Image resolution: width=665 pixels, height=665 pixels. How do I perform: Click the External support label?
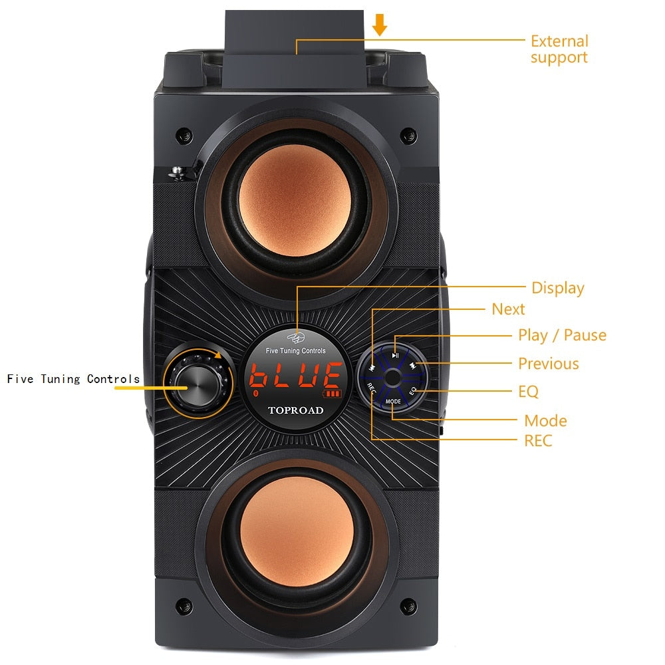coord(559,49)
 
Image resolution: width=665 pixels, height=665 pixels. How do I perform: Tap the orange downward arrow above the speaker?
coord(380,25)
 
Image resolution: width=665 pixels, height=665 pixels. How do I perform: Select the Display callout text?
coord(558,288)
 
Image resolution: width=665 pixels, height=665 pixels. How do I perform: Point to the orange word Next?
coord(508,309)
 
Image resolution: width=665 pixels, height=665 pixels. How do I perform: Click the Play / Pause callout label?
coord(563,335)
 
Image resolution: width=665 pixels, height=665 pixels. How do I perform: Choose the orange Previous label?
coord(549,364)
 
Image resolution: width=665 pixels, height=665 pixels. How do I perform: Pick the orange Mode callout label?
coord(545,421)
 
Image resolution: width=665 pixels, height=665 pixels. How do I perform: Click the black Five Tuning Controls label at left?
coord(73,379)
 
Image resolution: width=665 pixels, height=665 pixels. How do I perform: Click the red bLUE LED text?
coord(295,375)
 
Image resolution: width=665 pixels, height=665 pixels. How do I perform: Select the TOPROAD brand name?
coord(296,410)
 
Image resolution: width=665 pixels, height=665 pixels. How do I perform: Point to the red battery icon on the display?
coord(332,394)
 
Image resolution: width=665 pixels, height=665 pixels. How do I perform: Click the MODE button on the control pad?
coord(393,401)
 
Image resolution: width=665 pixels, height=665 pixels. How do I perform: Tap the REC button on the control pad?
coord(371,388)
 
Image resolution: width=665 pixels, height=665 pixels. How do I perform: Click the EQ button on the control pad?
coord(413,390)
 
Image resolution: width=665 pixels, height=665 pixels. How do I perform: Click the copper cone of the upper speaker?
coord(295,201)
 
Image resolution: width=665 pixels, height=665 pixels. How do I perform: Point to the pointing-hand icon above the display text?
coord(296,338)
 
